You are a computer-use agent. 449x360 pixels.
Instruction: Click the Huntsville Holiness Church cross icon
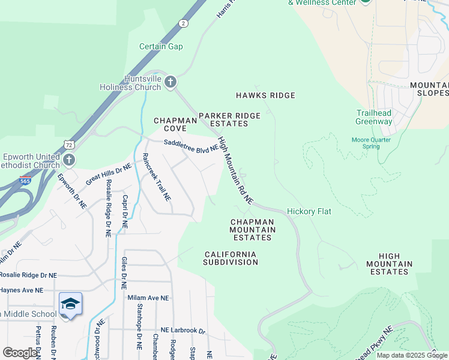pos(170,82)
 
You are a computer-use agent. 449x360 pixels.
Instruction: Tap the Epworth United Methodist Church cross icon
pos(70,160)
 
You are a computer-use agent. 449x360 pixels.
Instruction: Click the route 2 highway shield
pos(182,23)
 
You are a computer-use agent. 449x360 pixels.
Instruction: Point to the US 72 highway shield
pos(70,145)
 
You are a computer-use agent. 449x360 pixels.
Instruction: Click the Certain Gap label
pos(161,47)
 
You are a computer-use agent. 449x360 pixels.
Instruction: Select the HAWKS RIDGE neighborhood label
pos(265,95)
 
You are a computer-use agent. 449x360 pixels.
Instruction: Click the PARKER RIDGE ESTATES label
pos(230,119)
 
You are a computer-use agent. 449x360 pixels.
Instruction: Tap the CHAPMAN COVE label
pos(175,124)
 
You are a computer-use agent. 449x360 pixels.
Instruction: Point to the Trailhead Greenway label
pos(374,117)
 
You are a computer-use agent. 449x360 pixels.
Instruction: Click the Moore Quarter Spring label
pos(371,143)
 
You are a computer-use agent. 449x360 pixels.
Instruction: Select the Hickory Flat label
pos(309,211)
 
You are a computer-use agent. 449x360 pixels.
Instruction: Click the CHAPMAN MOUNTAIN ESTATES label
pos(252,230)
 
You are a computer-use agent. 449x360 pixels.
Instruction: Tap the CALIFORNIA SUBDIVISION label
pos(231,258)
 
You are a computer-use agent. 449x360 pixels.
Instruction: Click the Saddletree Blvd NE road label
pos(190,145)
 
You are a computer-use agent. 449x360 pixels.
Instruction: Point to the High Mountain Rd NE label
pos(235,170)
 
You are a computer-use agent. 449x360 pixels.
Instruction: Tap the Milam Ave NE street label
pos(148,298)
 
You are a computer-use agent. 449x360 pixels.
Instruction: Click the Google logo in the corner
pos(20,353)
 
